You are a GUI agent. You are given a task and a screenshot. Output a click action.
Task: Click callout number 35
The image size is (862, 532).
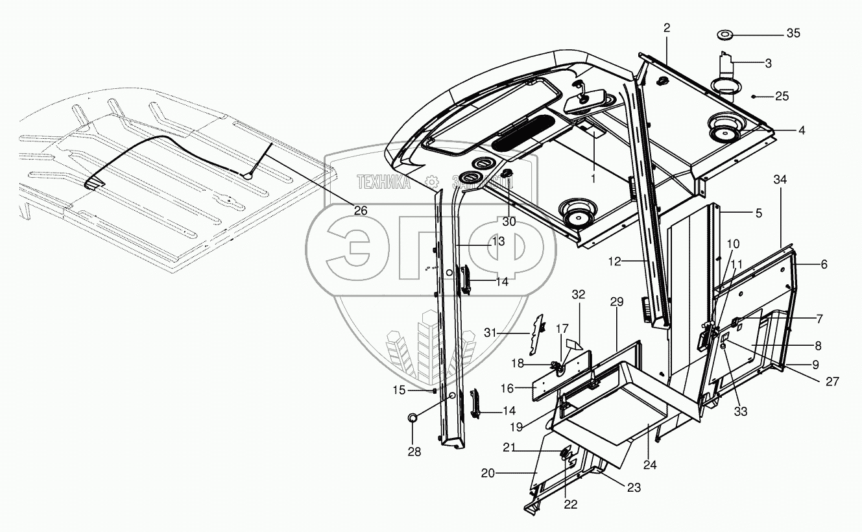coord(793,33)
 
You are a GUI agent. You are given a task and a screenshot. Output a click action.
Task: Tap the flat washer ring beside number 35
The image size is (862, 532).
coord(725,34)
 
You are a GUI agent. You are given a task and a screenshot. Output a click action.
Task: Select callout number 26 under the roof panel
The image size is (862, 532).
coord(360,210)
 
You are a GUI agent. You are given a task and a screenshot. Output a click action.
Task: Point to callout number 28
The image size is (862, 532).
coord(414,452)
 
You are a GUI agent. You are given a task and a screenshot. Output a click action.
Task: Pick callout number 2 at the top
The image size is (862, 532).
coord(667,27)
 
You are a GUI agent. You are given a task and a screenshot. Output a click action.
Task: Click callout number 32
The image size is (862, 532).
coord(579,294)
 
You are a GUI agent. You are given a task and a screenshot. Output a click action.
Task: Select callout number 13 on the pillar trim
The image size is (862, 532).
coord(497,241)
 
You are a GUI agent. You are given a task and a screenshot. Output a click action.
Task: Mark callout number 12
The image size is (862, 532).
coord(615,261)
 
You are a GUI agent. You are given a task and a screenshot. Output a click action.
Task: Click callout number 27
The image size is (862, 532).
coord(832,381)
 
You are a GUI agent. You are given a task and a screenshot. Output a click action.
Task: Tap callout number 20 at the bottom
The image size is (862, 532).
coord(488,474)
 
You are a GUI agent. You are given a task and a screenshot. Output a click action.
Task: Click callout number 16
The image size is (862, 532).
coord(507,388)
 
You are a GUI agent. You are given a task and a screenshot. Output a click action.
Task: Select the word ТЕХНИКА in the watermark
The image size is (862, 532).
coord(381,183)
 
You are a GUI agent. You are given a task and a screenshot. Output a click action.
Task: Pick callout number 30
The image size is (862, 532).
coord(509,221)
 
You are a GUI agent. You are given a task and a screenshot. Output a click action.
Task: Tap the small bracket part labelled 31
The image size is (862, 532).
coord(538,334)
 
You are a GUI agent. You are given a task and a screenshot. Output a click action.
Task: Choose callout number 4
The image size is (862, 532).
coord(802,130)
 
